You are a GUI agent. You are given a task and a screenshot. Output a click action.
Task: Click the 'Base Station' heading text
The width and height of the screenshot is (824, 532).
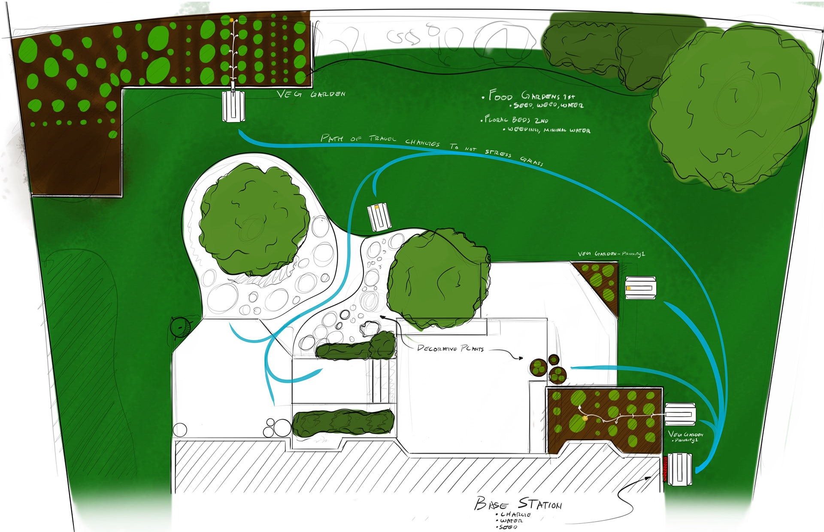[x=518, y=504]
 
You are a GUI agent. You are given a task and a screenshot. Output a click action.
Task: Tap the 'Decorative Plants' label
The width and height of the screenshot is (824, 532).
[x=450, y=348]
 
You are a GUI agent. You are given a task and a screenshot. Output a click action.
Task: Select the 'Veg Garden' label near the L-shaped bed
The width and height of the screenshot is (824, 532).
[x=311, y=94]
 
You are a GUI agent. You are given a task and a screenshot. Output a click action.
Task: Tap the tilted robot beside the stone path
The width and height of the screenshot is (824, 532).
[x=379, y=217]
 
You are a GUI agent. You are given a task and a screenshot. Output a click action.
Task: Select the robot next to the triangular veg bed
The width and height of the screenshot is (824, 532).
[x=640, y=288]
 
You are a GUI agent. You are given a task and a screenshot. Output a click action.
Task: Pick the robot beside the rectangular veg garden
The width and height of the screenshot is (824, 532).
[x=680, y=414]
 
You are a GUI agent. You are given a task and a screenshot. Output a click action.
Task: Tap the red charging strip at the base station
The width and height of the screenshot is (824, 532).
[x=666, y=469]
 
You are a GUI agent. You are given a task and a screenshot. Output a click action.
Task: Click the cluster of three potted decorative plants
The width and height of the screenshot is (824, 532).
[x=548, y=369]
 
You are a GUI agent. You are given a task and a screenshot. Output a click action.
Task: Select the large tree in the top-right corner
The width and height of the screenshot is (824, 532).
[x=732, y=107]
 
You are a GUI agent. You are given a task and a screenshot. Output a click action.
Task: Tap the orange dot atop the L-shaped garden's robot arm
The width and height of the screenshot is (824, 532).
[x=232, y=20]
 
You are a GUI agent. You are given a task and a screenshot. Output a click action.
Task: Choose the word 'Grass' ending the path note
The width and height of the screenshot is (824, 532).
[x=532, y=161]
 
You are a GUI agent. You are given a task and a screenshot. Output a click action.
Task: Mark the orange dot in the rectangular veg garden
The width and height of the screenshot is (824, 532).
[x=585, y=418]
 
